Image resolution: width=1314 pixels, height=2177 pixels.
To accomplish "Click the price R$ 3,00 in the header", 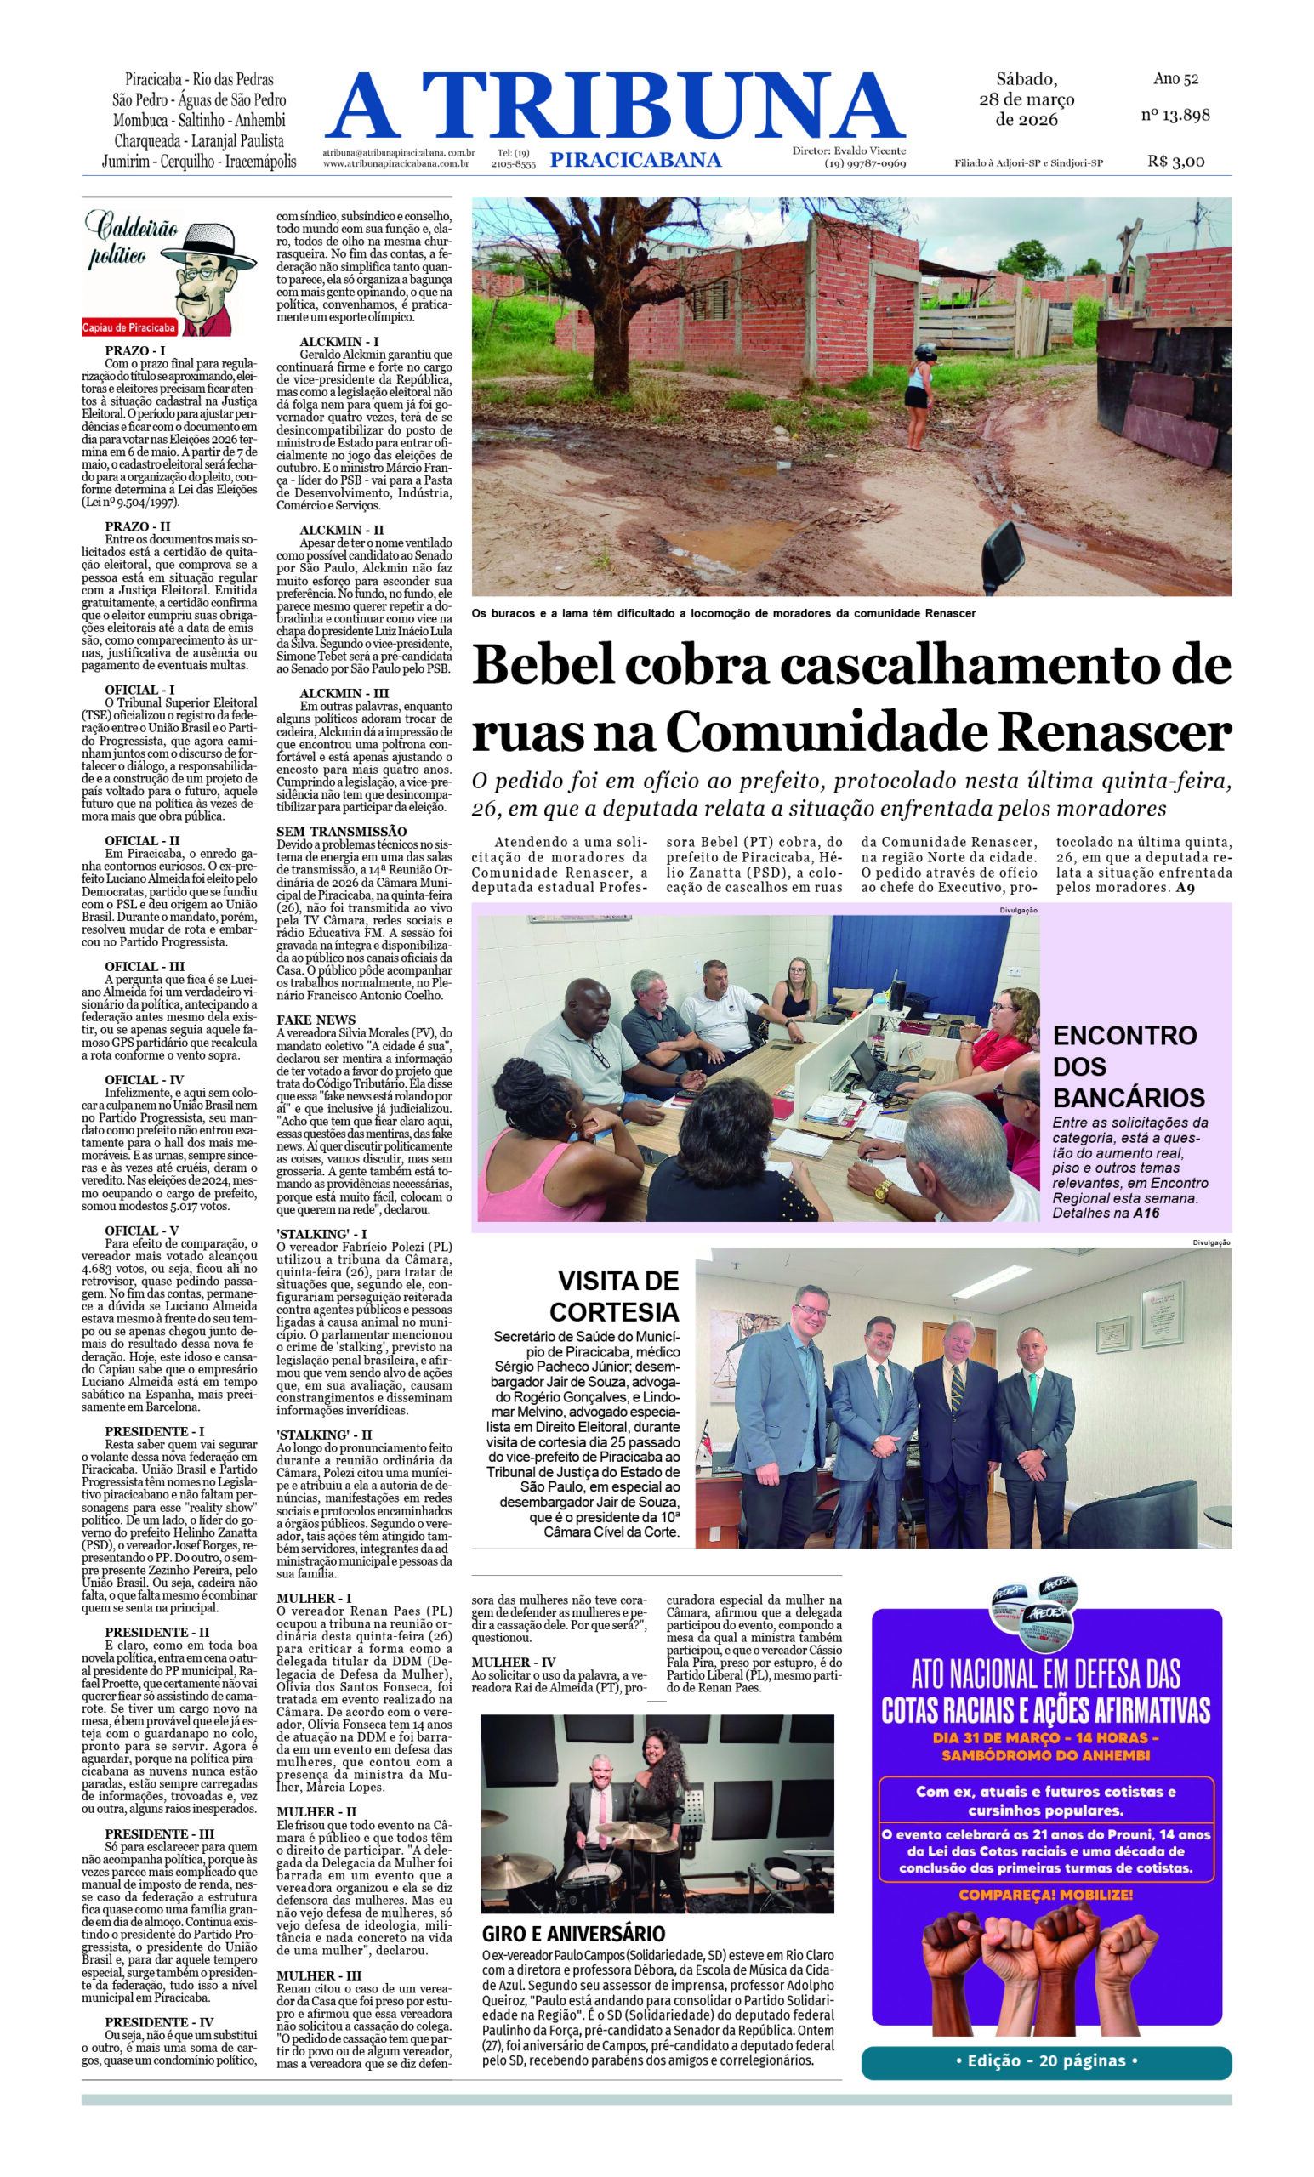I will (x=1175, y=161).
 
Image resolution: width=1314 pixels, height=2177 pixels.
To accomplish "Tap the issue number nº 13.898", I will (x=1175, y=115).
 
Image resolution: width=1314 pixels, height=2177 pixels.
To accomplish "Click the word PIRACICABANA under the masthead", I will (x=634, y=160).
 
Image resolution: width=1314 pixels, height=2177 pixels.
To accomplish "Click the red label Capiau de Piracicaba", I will (x=129, y=327).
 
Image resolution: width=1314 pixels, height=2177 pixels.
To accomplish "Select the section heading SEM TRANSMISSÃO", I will (x=341, y=832).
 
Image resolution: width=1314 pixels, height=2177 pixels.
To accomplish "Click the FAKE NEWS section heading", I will (x=316, y=1020).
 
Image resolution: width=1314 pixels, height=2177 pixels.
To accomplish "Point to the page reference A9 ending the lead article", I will (x=1184, y=887).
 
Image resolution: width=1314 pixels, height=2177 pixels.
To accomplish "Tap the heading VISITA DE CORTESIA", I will (x=616, y=1295).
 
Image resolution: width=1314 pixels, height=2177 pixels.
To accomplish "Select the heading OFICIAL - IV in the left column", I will (x=144, y=1080).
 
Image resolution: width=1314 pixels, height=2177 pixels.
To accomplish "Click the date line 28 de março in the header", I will (x=1026, y=99).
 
